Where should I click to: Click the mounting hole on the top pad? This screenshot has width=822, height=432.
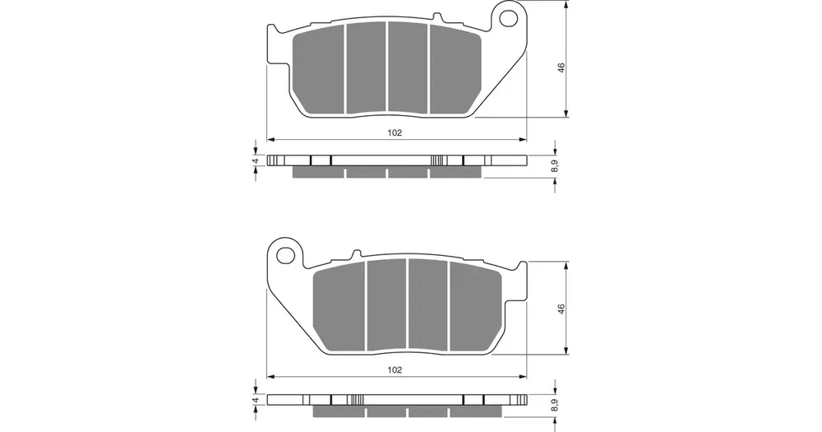click(507, 19)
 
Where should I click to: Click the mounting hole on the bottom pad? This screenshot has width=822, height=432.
click(286, 256)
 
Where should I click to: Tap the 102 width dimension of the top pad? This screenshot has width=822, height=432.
click(395, 132)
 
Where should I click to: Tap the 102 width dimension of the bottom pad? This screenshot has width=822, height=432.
click(395, 369)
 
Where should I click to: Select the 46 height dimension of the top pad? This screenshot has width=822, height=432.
click(561, 67)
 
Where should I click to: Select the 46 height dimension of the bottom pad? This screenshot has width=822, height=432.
click(561, 309)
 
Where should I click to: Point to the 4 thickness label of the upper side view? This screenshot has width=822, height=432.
click(256, 160)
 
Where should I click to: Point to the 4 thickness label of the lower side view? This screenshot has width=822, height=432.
click(256, 400)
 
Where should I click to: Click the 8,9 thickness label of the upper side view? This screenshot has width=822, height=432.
click(556, 166)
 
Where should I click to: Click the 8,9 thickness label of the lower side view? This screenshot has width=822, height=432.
click(556, 405)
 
